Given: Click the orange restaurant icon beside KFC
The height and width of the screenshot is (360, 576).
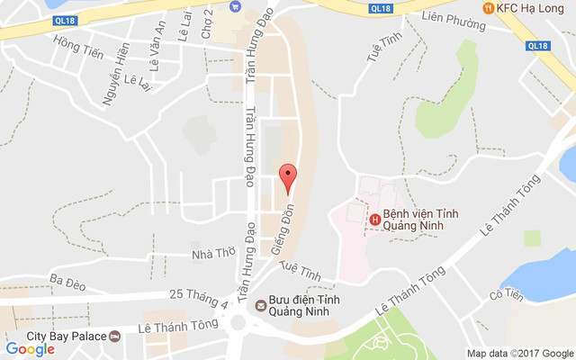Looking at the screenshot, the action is [488, 8].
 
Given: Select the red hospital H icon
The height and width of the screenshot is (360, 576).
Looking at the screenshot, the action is [373, 219].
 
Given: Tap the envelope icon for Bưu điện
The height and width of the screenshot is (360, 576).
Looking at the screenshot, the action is [260, 305].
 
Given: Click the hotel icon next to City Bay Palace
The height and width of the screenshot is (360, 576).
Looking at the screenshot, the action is [115, 336].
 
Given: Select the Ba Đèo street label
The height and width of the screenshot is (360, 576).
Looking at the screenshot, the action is [67, 283].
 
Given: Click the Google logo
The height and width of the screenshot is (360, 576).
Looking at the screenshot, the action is [29, 348].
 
